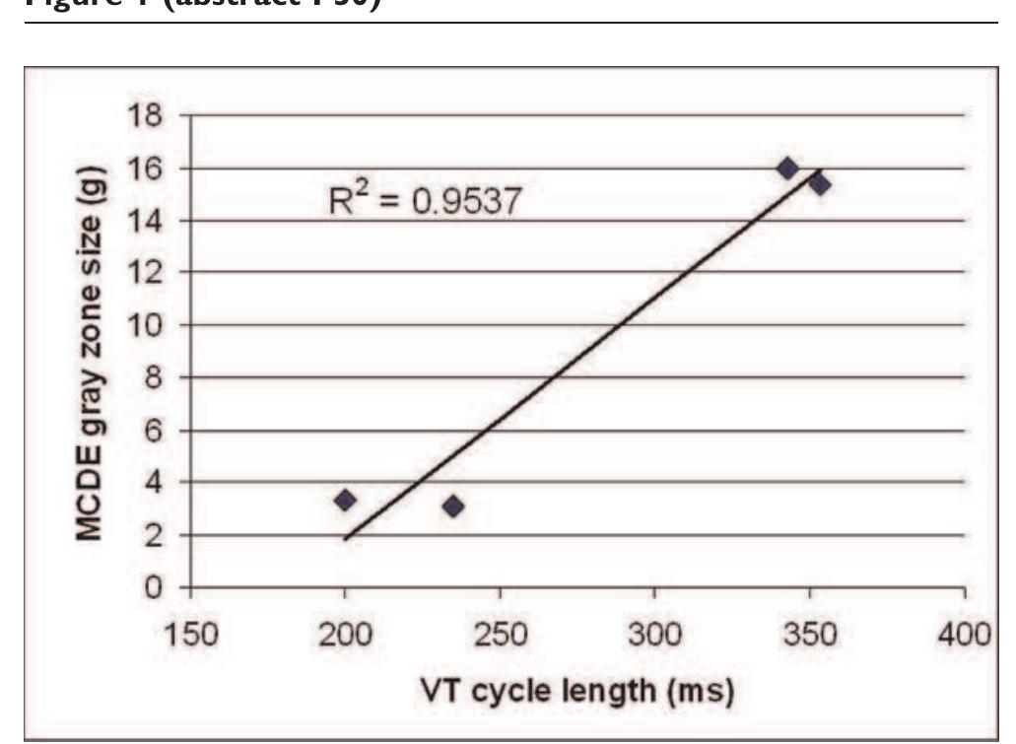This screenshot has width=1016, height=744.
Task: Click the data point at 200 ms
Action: pyautogui.click(x=345, y=500)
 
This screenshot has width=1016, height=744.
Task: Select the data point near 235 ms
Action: pyautogui.click(x=453, y=507)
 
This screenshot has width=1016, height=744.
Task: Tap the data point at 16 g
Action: pyautogui.click(x=787, y=169)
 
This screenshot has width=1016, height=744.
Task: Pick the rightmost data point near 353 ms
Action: pyautogui.click(x=819, y=184)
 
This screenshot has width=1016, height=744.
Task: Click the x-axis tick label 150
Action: pyautogui.click(x=190, y=631)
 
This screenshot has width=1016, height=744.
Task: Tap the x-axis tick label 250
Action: pyautogui.click(x=500, y=631)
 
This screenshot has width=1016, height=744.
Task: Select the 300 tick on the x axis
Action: pyautogui.click(x=654, y=631)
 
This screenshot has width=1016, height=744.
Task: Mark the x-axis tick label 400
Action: pyautogui.click(x=964, y=631)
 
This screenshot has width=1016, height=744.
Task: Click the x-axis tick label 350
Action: pyautogui.click(x=809, y=631)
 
